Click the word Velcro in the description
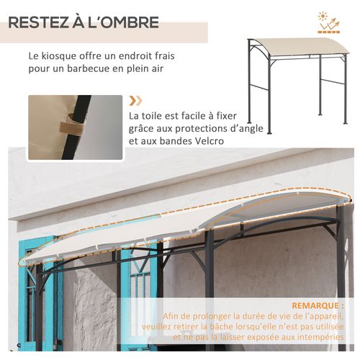click(208, 141)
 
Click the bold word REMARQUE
click(312, 305)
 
